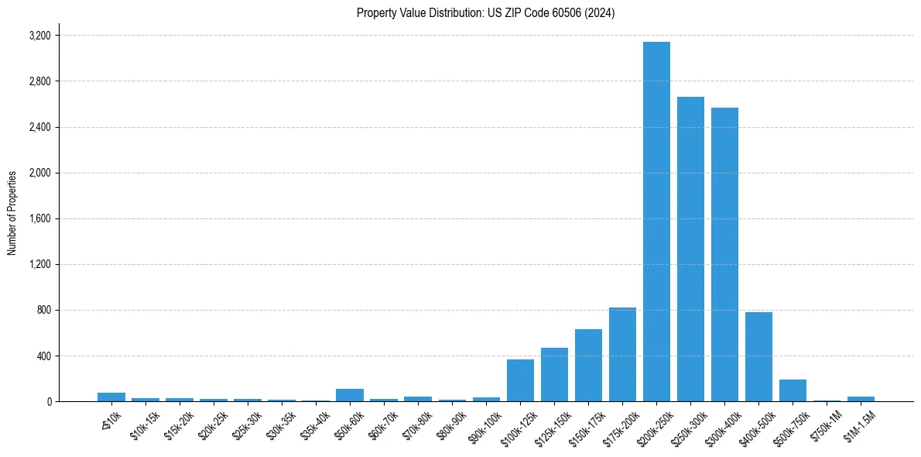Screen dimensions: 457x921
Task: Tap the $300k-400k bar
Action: (724, 255)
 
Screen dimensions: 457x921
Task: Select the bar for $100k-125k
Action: (520, 380)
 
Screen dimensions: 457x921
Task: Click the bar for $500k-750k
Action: (793, 390)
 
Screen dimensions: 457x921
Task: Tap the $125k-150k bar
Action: (554, 375)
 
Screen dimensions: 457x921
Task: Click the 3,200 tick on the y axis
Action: (39, 36)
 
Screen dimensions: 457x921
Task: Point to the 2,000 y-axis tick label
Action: (39, 173)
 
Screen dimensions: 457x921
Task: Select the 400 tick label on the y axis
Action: (43, 356)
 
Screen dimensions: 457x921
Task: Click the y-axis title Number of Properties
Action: (12, 213)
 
